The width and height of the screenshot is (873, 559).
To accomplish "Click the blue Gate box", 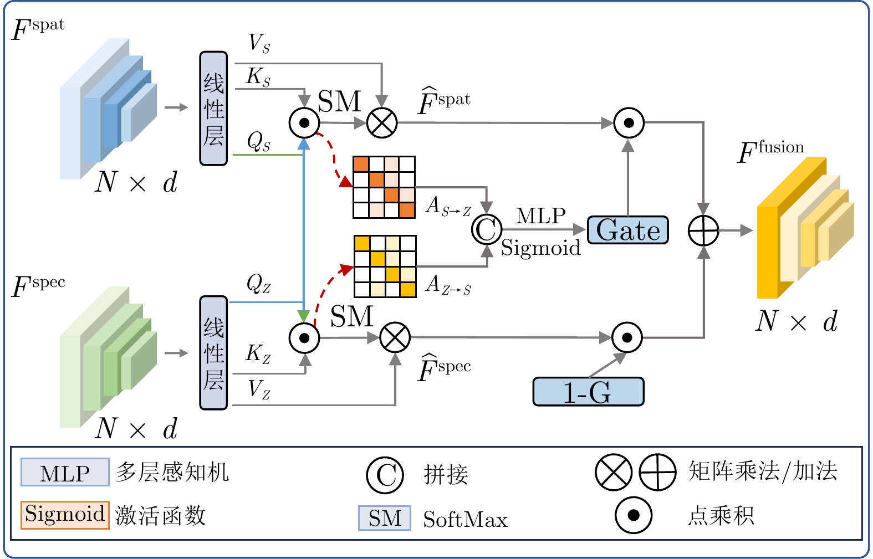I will pyautogui.click(x=627, y=230).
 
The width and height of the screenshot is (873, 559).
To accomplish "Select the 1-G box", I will pyautogui.click(x=588, y=392).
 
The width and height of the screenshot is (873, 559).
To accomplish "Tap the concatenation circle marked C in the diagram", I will pyautogui.click(x=487, y=229).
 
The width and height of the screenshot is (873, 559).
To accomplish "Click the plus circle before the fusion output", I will pyautogui.click(x=703, y=230).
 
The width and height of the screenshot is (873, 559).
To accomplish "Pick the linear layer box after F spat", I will pyautogui.click(x=213, y=109).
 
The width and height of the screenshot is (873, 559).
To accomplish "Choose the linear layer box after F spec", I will pyautogui.click(x=213, y=353).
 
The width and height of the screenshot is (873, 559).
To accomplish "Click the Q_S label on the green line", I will pyautogui.click(x=259, y=142).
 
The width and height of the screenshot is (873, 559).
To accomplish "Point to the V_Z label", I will pyautogui.click(x=259, y=389).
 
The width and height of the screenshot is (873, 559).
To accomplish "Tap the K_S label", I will pyautogui.click(x=259, y=77).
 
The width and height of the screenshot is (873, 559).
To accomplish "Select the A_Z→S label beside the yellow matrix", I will pyautogui.click(x=448, y=285).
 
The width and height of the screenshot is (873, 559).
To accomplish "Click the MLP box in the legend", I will pyautogui.click(x=65, y=473).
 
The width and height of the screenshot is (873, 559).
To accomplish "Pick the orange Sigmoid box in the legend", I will pyautogui.click(x=65, y=515).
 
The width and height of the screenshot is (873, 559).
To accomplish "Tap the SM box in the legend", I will pyautogui.click(x=385, y=518).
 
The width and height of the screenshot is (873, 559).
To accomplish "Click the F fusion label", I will pyautogui.click(x=770, y=151).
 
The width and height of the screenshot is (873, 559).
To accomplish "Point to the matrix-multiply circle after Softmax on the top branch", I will pyautogui.click(x=382, y=122).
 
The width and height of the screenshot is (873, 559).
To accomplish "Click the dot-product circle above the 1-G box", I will pyautogui.click(x=627, y=337).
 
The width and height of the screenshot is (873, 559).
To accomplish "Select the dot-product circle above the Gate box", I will pyautogui.click(x=629, y=122).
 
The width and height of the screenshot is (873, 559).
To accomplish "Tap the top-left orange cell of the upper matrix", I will pyautogui.click(x=361, y=164).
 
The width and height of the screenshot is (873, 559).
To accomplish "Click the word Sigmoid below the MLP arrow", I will pyautogui.click(x=540, y=248).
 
